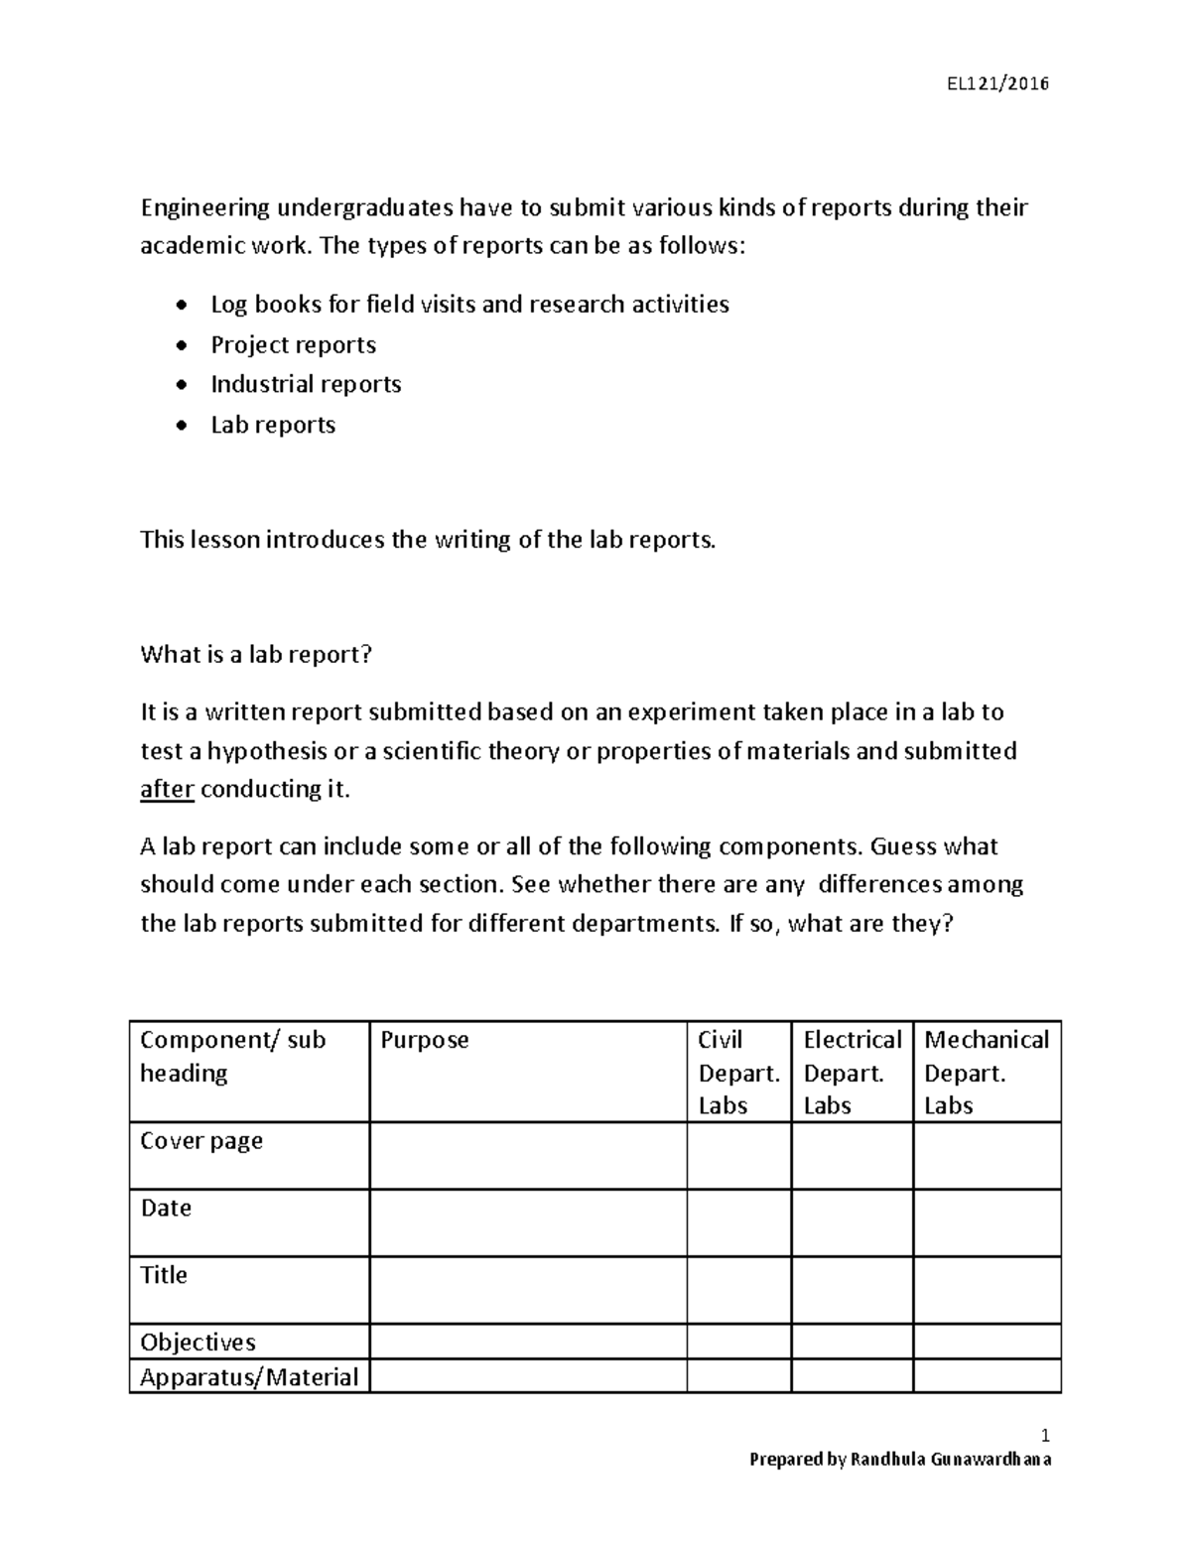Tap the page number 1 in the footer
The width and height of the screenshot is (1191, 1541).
click(1045, 1436)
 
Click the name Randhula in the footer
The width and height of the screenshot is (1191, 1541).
click(887, 1459)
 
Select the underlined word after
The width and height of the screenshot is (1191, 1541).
click(167, 789)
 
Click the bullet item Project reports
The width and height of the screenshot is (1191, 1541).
click(293, 344)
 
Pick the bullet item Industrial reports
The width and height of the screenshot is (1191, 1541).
click(306, 384)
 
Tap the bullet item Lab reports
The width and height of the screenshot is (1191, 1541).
click(273, 425)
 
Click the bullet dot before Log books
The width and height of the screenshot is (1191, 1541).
click(180, 305)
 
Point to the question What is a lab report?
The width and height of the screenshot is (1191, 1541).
click(256, 654)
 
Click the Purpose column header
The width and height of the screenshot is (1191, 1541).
click(425, 1040)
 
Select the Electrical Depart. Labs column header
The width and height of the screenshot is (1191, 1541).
click(852, 1072)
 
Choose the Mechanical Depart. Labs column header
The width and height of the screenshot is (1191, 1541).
click(986, 1072)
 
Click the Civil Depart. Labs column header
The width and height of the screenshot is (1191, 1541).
click(738, 1072)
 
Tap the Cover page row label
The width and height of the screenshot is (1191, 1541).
click(201, 1141)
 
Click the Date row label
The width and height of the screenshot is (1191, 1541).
click(166, 1208)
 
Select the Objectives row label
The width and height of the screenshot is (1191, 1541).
click(198, 1342)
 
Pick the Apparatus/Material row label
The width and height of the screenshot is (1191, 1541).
click(249, 1376)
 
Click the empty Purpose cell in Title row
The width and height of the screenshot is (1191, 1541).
click(528, 1290)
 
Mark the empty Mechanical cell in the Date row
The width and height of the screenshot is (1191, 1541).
click(987, 1222)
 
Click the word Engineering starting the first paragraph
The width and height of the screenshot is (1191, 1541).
click(204, 207)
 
